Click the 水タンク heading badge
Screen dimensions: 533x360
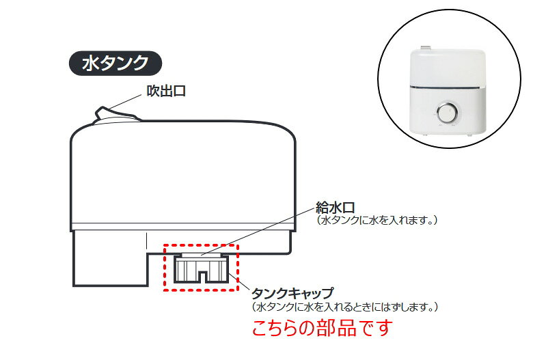pyautogui.click(x=115, y=64)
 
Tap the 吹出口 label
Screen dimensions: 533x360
pyautogui.click(x=166, y=91)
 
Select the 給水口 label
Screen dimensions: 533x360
pyautogui.click(x=335, y=208)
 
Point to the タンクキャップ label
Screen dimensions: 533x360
pyautogui.click(x=292, y=292)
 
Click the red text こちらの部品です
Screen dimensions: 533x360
pyautogui.click(x=323, y=328)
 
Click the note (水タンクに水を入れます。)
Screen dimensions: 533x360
pyautogui.click(x=377, y=220)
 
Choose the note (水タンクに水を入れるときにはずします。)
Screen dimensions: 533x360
pyautogui.click(x=344, y=307)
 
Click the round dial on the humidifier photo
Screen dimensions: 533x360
pyautogui.click(x=447, y=113)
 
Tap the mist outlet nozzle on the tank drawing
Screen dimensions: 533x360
pyautogui.click(x=116, y=114)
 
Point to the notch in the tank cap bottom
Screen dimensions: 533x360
pyautogui.click(x=202, y=277)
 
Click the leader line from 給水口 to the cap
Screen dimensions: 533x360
pyautogui.click(x=258, y=232)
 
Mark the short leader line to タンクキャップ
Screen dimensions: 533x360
pyautogui.click(x=239, y=281)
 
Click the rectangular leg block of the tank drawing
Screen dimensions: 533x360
pyautogui.click(x=110, y=258)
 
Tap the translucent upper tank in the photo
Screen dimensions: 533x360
pyautogui.click(x=448, y=68)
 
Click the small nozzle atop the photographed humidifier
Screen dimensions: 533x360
pyautogui.click(x=426, y=48)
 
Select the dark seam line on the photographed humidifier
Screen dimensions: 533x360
pyautogui.click(x=448, y=87)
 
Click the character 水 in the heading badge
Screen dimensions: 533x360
pyautogui.click(x=89, y=64)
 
